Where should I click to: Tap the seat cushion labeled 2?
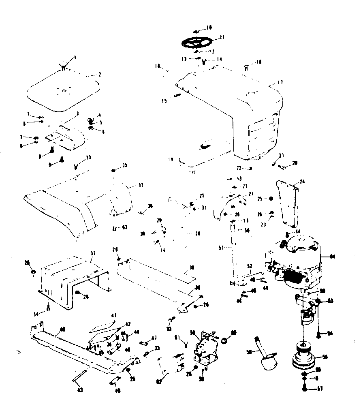[64, 92]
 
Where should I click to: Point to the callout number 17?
[280, 82]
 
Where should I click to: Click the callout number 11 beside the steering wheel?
[222, 37]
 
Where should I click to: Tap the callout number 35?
[124, 165]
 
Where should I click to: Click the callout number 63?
[125, 228]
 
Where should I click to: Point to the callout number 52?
[250, 266]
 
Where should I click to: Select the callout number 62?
[158, 381]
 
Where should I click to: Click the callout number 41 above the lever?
[114, 315]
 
